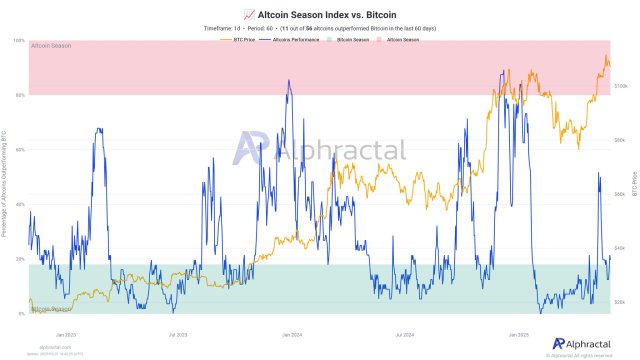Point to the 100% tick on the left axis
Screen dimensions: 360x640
click(20, 41)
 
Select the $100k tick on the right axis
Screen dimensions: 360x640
click(620, 86)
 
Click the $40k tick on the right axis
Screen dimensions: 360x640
click(619, 247)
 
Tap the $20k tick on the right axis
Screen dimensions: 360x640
click(619, 301)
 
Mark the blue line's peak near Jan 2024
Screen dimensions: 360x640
click(289, 81)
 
